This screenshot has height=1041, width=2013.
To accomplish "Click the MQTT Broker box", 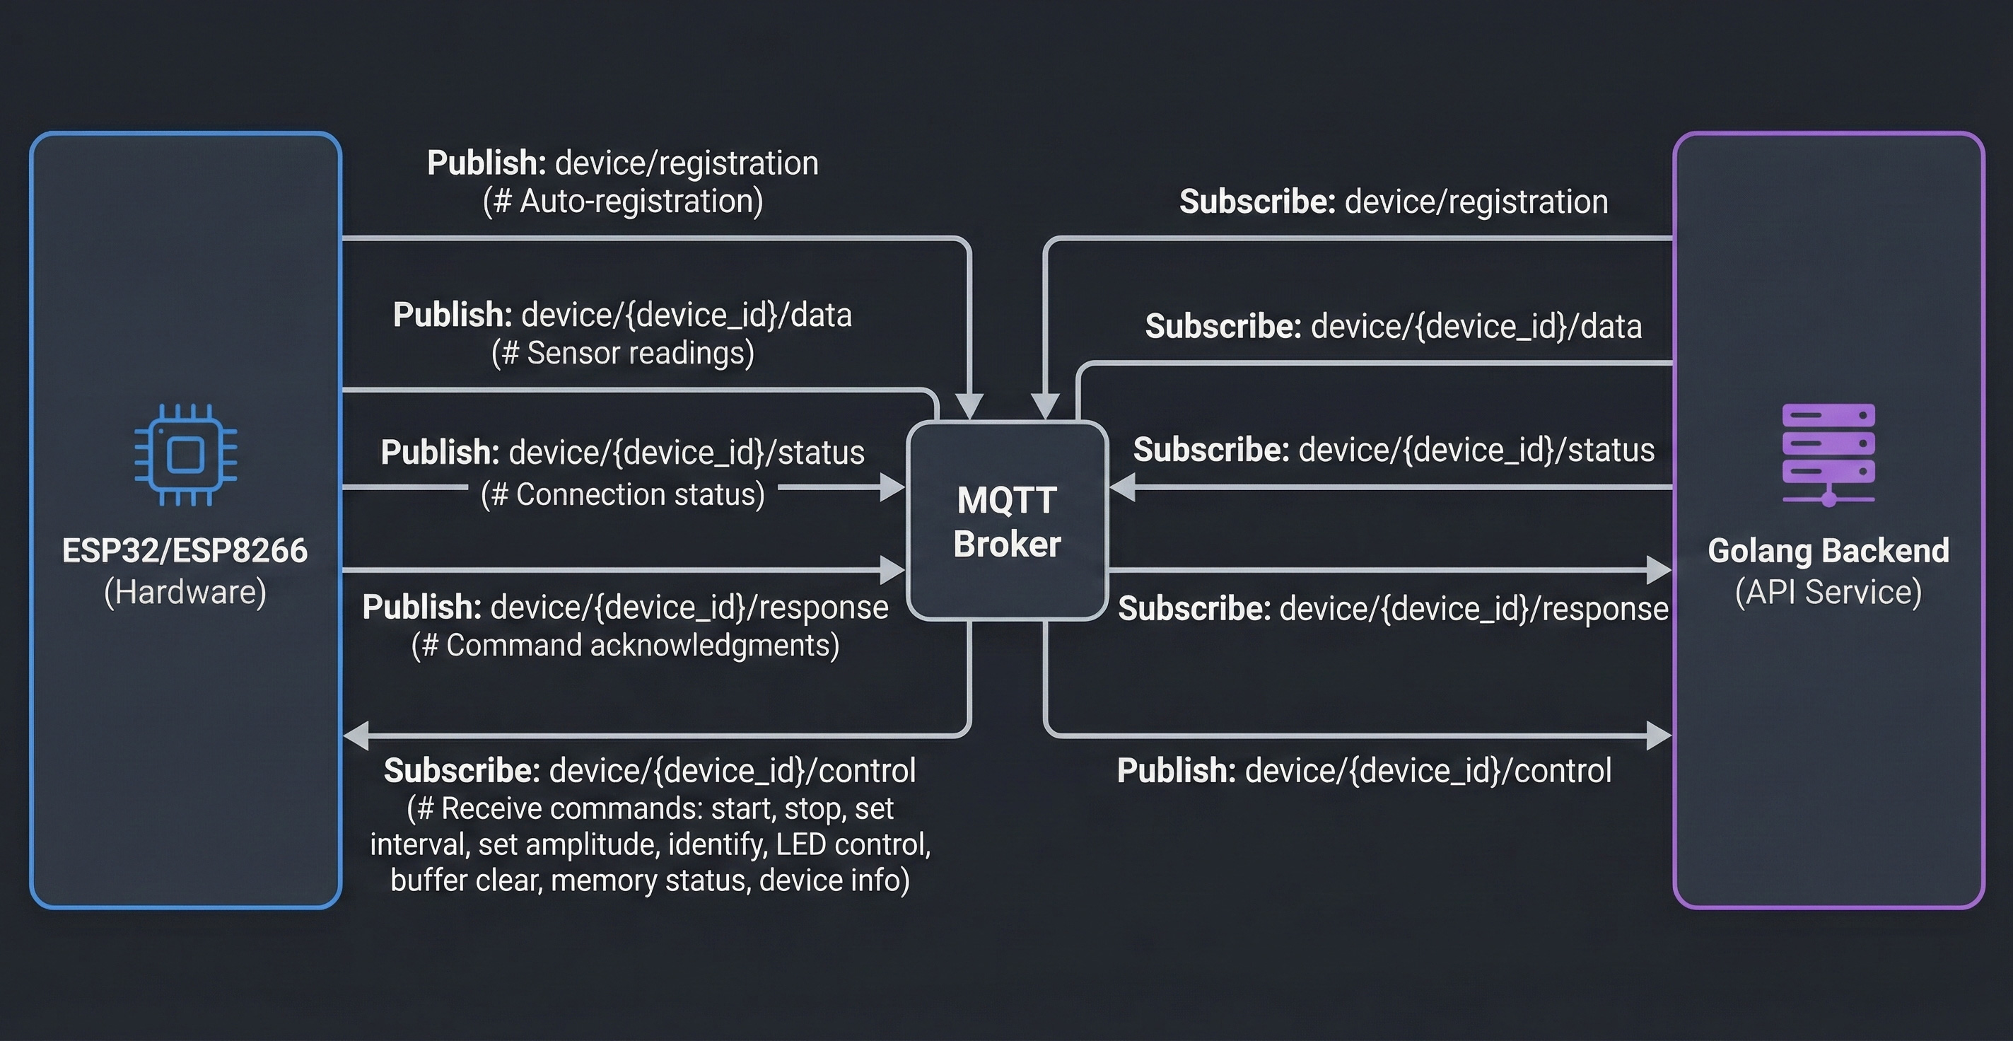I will tap(1007, 521).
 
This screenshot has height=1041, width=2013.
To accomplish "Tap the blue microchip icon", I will tap(185, 455).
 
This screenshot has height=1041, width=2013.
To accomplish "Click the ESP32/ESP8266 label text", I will tap(185, 551).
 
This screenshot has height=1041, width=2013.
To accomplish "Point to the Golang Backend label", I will tap(1828, 551).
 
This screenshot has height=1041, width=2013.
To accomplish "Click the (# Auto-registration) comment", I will tap(623, 202).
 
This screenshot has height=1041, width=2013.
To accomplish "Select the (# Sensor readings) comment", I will tap(623, 354).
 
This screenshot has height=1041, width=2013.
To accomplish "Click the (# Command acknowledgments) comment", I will tap(625, 646).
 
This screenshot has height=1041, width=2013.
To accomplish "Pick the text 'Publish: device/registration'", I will tap(623, 163).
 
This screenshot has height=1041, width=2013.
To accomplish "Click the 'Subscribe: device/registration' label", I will tap(1394, 202).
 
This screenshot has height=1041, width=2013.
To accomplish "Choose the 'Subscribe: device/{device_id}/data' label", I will tap(1394, 326).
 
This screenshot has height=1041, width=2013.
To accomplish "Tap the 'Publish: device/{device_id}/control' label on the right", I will tap(1364, 771).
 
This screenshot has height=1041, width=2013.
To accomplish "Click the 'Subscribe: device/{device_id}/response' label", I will tap(1394, 609).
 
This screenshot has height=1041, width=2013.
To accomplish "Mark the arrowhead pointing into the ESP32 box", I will tap(356, 735).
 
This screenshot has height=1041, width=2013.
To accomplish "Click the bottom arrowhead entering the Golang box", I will tap(1658, 735).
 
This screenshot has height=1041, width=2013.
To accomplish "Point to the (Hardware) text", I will tap(185, 593).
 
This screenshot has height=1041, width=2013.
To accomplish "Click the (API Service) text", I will tap(1828, 593).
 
